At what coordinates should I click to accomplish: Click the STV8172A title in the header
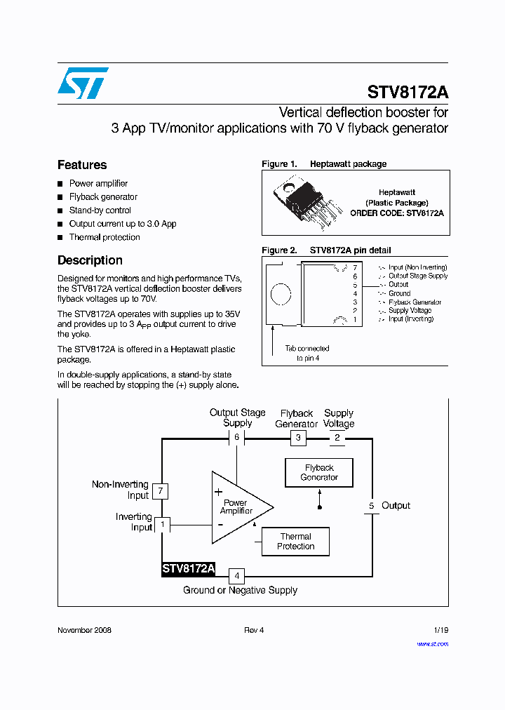point(408,93)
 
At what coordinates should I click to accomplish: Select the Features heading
point(82,165)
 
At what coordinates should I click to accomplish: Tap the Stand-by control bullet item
point(100,210)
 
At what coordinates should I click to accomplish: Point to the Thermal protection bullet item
point(104,237)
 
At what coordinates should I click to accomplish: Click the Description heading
point(90,260)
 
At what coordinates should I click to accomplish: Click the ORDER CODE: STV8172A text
point(397,213)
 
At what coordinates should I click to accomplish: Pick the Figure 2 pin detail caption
point(326,250)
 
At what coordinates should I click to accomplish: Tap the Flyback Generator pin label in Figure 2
point(415,302)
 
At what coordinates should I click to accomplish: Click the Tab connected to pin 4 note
point(307,353)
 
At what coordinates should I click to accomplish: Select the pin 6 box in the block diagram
point(237,438)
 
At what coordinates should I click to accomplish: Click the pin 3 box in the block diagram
point(298,438)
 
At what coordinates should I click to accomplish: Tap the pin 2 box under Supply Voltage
point(337,438)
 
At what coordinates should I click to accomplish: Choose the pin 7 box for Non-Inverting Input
point(161,490)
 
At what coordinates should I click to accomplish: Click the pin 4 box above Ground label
point(237,576)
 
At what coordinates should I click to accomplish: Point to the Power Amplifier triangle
point(237,507)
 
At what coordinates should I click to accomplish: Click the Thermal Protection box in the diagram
point(295,542)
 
